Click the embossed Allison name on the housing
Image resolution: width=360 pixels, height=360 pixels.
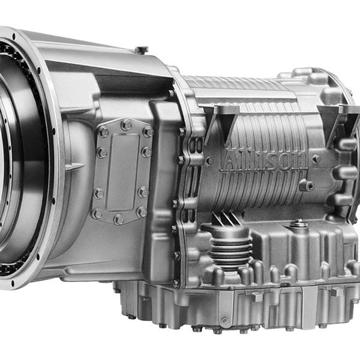click(264, 160)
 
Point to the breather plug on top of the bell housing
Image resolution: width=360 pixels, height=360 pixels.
click(141, 50)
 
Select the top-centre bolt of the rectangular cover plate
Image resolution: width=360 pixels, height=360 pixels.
click(126, 125)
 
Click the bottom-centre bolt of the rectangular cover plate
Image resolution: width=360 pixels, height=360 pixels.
click(119, 219)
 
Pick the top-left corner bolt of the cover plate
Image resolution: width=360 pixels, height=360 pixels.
click(103, 132)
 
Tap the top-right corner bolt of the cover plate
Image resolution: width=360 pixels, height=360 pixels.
click(148, 132)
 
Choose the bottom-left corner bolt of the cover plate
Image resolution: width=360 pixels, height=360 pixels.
click(97, 213)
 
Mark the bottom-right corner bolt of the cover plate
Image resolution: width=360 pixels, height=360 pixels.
click(142, 212)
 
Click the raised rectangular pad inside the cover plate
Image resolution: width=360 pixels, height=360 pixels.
click(122, 172)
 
